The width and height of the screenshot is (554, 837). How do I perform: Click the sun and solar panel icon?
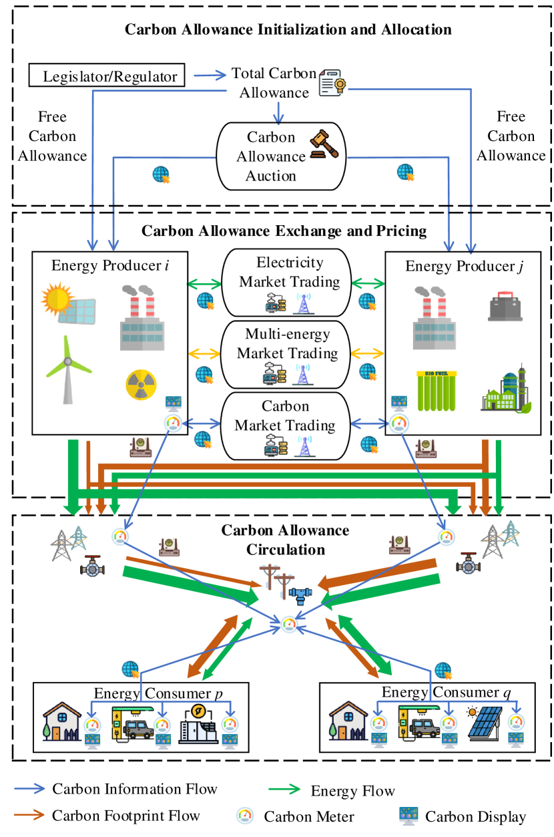coord(69,303)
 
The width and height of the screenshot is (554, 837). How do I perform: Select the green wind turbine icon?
coord(67,369)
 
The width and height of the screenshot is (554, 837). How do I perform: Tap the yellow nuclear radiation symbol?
coord(142,384)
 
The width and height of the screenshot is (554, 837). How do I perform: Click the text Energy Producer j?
coord(463,266)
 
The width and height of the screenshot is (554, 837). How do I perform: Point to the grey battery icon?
coord(504,305)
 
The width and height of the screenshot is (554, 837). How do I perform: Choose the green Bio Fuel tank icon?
coord(437,389)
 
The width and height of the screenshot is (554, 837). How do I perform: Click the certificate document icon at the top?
coord(332,83)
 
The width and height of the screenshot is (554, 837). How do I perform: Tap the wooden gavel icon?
coord(324,144)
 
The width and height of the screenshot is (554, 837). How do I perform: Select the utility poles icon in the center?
coord(277,580)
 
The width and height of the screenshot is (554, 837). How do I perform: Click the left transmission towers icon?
coord(68,542)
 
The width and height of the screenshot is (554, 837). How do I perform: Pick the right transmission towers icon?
coord(499,539)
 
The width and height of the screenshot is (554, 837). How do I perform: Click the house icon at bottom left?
coord(61,721)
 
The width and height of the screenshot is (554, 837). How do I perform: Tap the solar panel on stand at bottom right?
coord(485,723)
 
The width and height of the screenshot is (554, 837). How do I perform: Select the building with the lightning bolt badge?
coord(198,724)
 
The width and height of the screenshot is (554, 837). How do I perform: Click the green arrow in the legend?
coord(284,789)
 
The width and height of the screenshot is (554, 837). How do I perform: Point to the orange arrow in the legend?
coord(29,814)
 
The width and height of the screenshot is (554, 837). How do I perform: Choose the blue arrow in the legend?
coord(29,788)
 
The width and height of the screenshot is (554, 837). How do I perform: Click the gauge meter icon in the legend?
coord(245,815)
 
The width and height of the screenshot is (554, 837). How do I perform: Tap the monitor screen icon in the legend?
coord(408,815)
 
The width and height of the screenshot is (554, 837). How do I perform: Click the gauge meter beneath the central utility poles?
coord(288,625)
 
